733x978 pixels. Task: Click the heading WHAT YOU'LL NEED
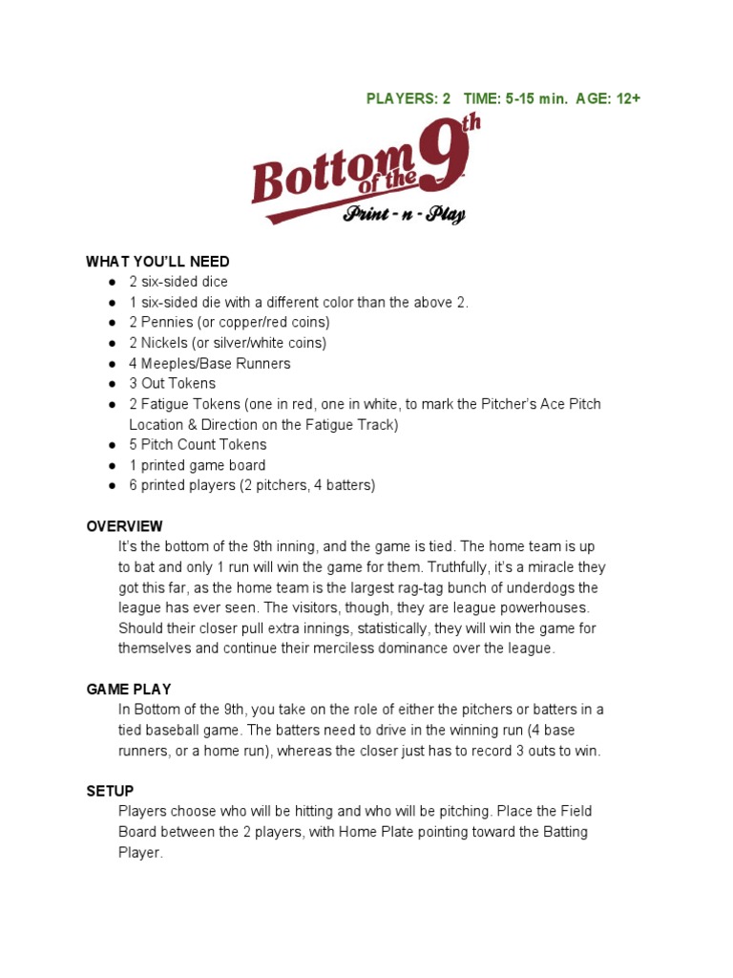pos(157,262)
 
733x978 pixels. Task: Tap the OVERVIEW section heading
pos(124,526)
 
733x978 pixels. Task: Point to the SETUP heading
pos(110,791)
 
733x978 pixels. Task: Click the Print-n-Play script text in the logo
pos(405,215)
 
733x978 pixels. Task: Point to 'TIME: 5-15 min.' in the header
pos(510,98)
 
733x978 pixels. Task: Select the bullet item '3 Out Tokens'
pos(172,384)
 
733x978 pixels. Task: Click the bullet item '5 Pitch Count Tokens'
pos(198,445)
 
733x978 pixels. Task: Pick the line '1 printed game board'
pos(197,465)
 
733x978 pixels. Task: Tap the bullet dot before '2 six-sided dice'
pos(112,283)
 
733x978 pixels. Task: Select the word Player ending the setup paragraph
pos(139,853)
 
